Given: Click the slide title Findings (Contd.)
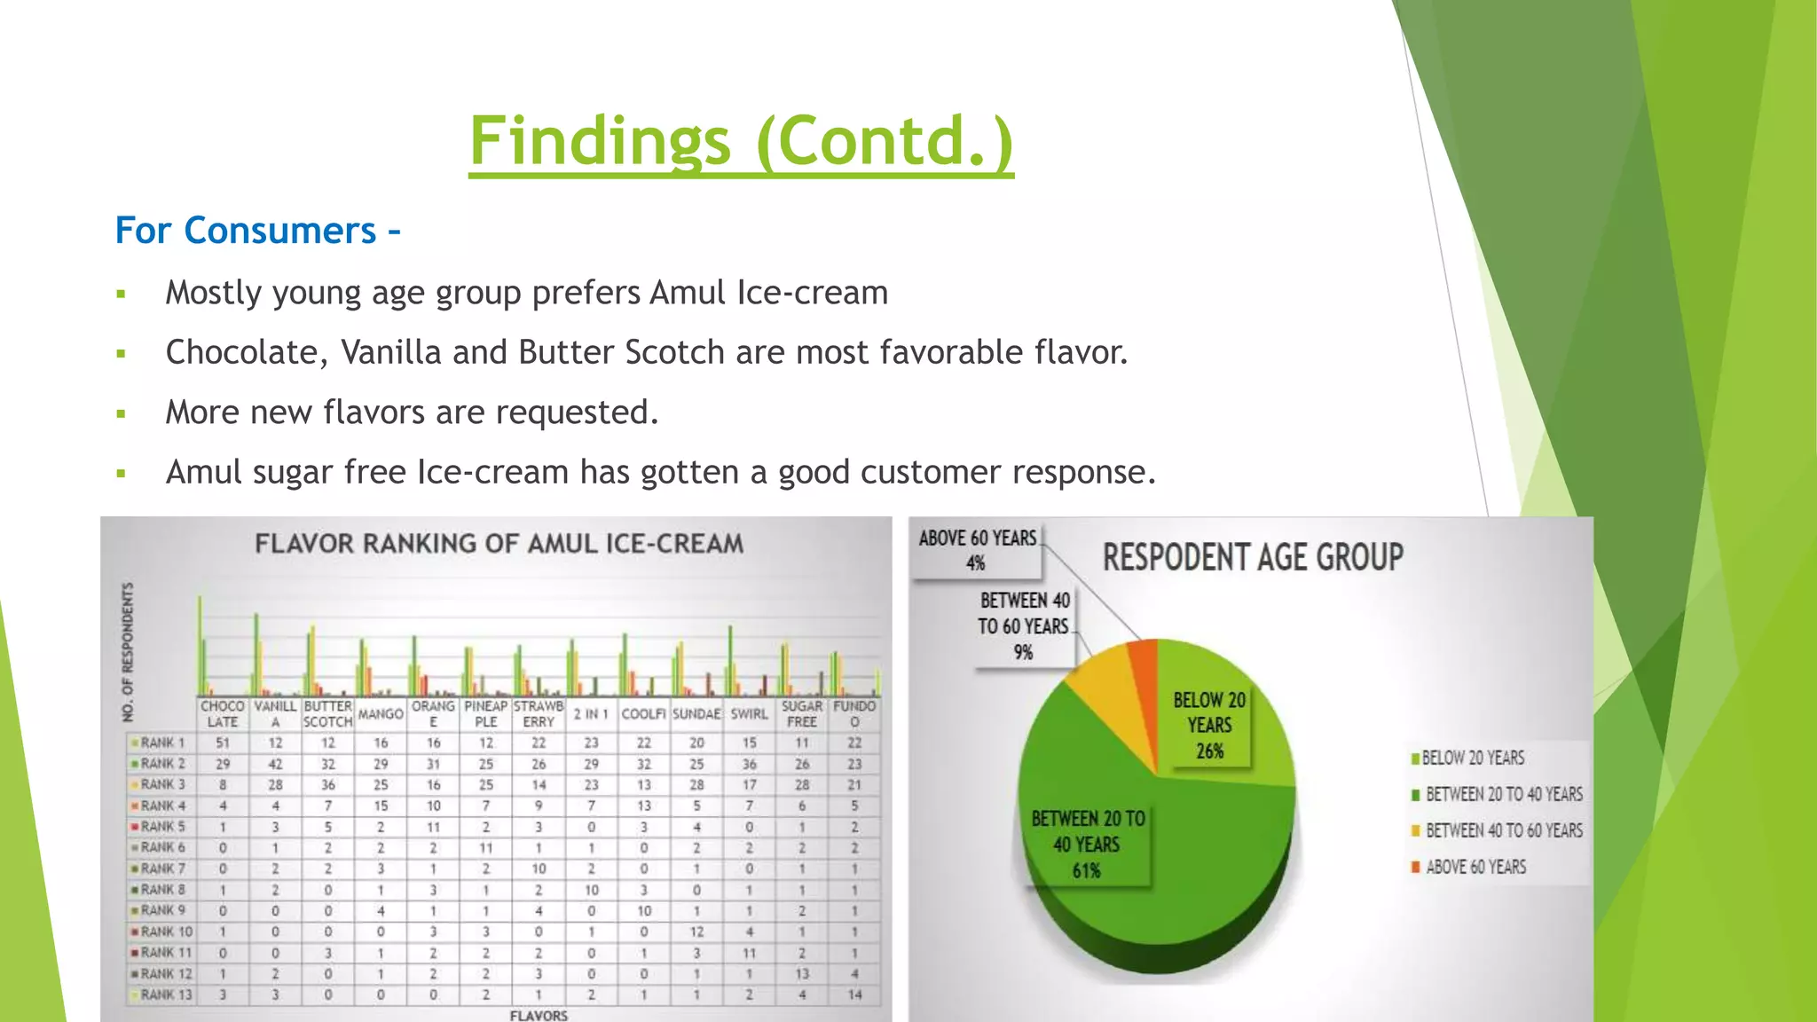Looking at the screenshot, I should (x=741, y=142).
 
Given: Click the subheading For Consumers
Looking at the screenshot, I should (x=257, y=231).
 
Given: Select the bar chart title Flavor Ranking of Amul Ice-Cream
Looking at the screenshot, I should (x=499, y=544).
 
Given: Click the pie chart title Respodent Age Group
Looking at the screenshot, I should (x=1253, y=557).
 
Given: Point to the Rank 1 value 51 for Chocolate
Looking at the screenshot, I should (x=223, y=743).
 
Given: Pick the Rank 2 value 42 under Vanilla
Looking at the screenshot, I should (x=275, y=764).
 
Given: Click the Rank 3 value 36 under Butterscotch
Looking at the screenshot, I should (x=327, y=785).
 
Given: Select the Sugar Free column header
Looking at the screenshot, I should (x=801, y=713).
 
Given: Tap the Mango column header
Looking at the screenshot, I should (x=381, y=713).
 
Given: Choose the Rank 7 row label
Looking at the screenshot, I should (x=162, y=869).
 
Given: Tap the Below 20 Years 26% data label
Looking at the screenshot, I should (x=1208, y=725).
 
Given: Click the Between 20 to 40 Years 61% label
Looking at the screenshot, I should (x=1088, y=844).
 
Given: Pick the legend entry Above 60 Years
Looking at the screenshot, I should (x=1475, y=867).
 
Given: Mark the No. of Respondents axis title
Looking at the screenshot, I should (x=129, y=651).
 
